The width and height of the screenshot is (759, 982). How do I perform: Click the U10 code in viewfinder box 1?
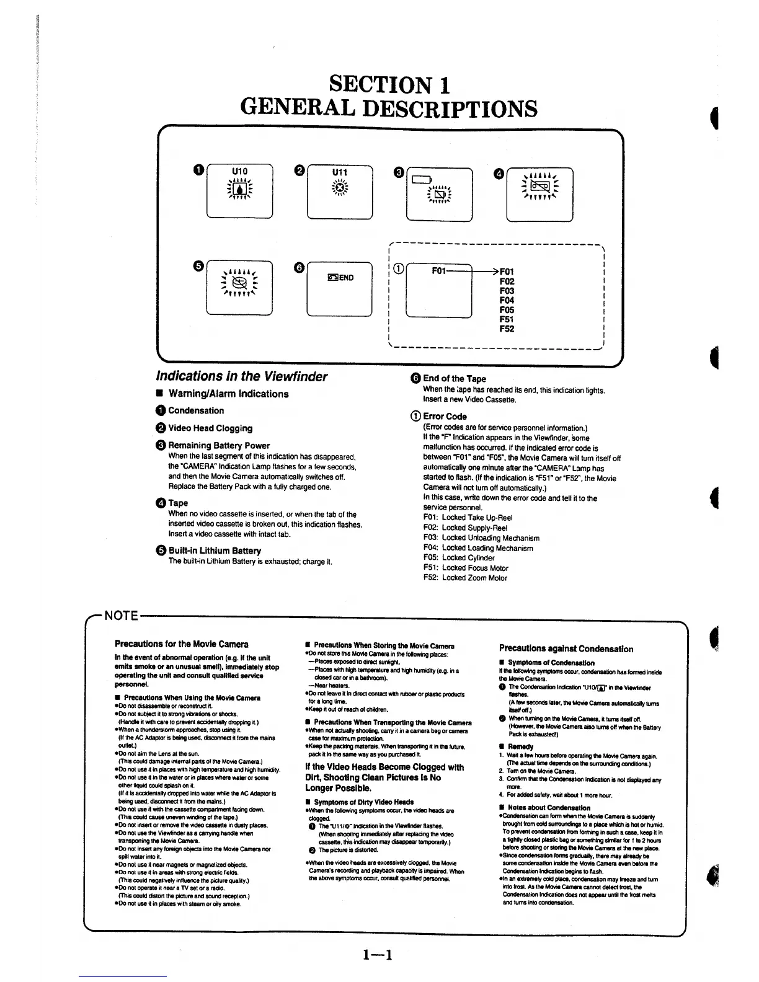[239, 171]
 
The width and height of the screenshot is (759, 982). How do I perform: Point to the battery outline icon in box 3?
[421, 180]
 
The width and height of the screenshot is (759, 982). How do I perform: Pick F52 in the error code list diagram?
[507, 329]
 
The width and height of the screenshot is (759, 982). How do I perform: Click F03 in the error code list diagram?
[507, 291]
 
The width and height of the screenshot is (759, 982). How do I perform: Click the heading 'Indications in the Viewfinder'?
[241, 376]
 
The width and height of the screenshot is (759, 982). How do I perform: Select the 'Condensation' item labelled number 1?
[195, 410]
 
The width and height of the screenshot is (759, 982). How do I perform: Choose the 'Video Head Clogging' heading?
[210, 428]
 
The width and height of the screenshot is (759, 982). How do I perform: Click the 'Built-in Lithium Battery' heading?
[214, 551]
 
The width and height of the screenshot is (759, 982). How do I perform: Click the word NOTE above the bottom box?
[120, 616]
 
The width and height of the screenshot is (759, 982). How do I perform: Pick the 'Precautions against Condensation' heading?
[566, 649]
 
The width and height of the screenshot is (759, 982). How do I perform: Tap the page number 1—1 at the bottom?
[378, 955]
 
